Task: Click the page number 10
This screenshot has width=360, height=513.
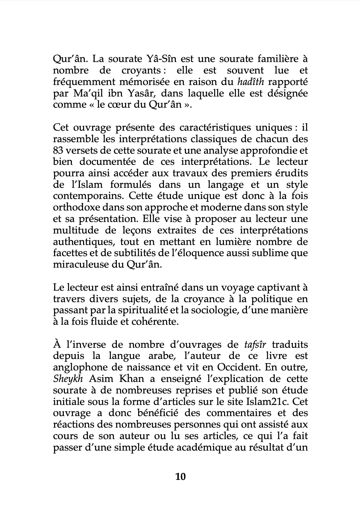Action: (180, 477)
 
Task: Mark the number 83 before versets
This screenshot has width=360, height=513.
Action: (58, 150)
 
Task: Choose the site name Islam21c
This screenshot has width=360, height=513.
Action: (267, 402)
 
